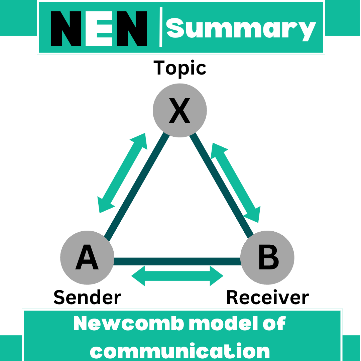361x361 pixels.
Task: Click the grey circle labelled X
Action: (x=180, y=110)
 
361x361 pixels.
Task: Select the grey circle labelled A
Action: (x=87, y=258)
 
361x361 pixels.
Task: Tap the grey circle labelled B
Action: (x=268, y=258)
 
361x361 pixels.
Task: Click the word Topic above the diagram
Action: (x=179, y=68)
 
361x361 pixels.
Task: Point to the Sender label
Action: (x=87, y=297)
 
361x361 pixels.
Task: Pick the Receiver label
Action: (x=267, y=297)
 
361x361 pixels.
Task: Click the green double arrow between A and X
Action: (x=122, y=172)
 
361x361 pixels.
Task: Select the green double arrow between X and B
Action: (x=236, y=183)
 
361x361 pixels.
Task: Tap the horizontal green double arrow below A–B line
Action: (x=177, y=276)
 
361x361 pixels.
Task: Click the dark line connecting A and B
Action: (x=177, y=261)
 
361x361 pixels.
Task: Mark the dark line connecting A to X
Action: (x=137, y=187)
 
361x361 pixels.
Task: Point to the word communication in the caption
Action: (x=180, y=351)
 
